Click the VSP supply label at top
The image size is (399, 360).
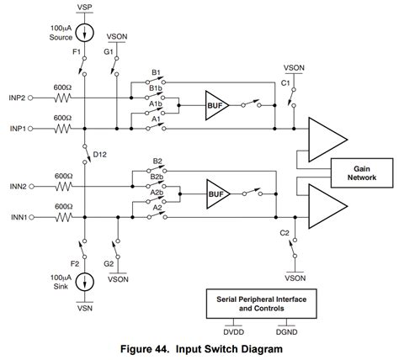[x=85, y=7]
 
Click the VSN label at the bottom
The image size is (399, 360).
[x=85, y=308]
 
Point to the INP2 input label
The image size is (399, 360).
[x=16, y=98]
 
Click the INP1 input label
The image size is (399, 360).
[x=16, y=129]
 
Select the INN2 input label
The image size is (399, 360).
[x=16, y=186]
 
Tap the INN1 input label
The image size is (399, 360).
[x=16, y=216]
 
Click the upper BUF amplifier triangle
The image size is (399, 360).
[x=215, y=107]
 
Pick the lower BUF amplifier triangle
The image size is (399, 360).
[x=215, y=195]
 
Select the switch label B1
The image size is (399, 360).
[x=157, y=73]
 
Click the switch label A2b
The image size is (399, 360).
[x=157, y=193]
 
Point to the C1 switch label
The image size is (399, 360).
[x=285, y=84]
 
